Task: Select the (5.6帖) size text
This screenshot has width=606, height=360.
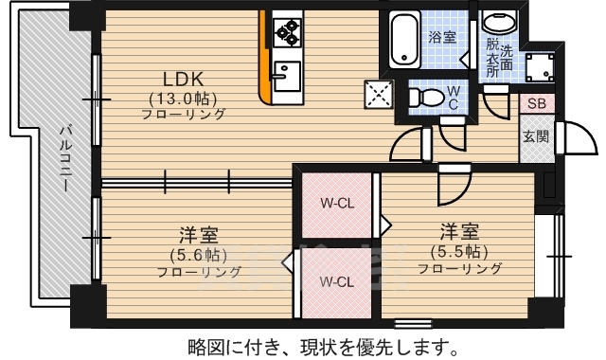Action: click(x=198, y=254)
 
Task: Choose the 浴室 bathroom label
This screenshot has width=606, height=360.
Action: click(x=442, y=38)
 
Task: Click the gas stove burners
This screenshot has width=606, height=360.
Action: click(x=285, y=33)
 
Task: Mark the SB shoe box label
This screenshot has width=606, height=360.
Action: click(x=535, y=104)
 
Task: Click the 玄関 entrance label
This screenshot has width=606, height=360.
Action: click(x=535, y=135)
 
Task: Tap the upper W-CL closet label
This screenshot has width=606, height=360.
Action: click(x=336, y=203)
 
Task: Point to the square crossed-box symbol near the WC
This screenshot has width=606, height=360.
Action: click(x=380, y=93)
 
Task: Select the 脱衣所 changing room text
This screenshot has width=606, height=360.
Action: click(x=492, y=59)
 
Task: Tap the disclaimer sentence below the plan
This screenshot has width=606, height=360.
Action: click(x=312, y=344)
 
